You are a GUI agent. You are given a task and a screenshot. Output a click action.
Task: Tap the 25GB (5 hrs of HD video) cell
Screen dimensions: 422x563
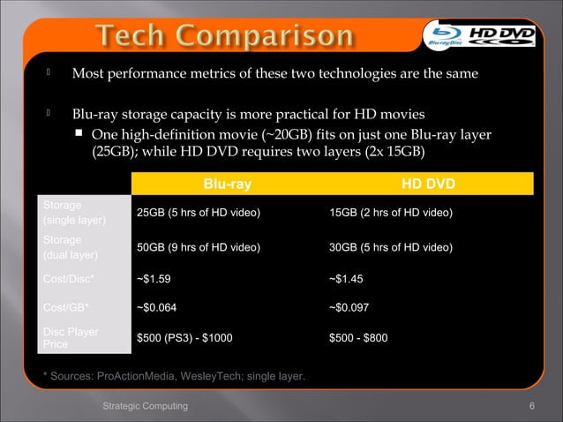pyautogui.click(x=198, y=214)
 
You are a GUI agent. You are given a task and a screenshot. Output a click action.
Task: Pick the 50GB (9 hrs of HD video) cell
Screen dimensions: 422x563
pyautogui.click(x=198, y=248)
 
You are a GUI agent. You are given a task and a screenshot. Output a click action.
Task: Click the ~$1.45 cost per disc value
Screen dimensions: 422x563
pyautogui.click(x=345, y=278)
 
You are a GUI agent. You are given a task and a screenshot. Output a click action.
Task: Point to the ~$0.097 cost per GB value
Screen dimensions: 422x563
pyautogui.click(x=349, y=308)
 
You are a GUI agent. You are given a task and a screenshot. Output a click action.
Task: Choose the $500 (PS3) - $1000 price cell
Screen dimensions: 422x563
pyautogui.click(x=184, y=337)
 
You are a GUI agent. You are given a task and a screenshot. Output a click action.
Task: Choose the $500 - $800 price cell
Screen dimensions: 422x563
pyautogui.click(x=358, y=337)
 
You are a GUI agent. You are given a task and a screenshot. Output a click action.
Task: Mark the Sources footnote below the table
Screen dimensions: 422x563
pyautogui.click(x=174, y=377)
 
